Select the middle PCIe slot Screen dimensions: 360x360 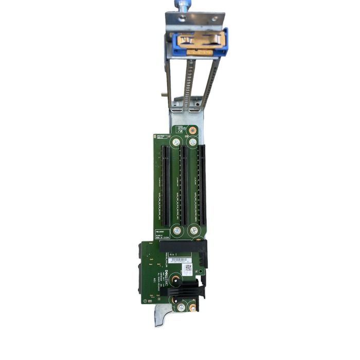tap(184, 185)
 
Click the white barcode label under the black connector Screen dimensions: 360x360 tap(178, 260)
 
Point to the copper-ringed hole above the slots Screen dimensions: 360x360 tap(193, 130)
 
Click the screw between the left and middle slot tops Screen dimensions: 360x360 tap(176, 142)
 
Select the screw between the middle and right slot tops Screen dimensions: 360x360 tap(192, 142)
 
